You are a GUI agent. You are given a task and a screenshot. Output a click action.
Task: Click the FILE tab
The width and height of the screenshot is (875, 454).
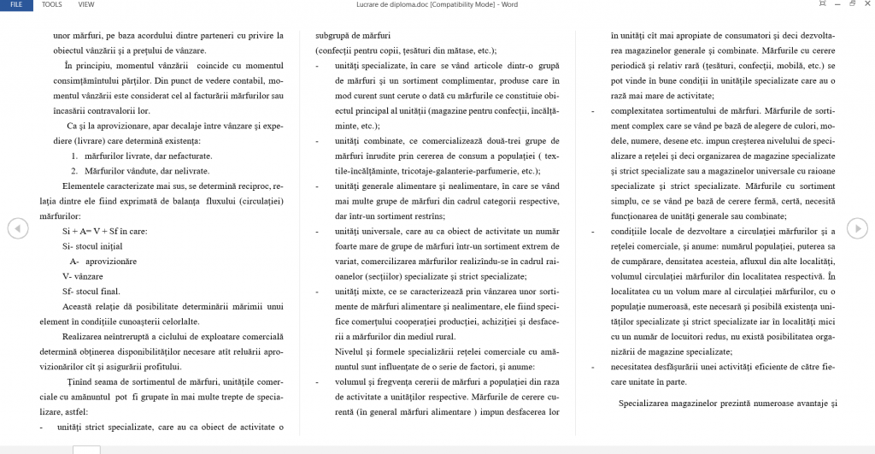[15, 4]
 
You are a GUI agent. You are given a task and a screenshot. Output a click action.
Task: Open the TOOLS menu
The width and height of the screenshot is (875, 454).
[52, 4]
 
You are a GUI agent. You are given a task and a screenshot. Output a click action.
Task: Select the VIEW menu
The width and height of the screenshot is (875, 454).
[86, 4]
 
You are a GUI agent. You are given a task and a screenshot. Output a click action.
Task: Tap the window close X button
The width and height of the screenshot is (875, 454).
[866, 4]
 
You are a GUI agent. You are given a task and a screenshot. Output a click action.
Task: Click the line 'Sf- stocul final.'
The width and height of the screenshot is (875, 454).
[91, 291]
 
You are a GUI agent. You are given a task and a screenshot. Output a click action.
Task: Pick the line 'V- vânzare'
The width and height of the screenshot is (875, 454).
[83, 276]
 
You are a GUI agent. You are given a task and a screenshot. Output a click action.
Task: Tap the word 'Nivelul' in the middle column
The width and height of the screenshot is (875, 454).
[349, 351]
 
